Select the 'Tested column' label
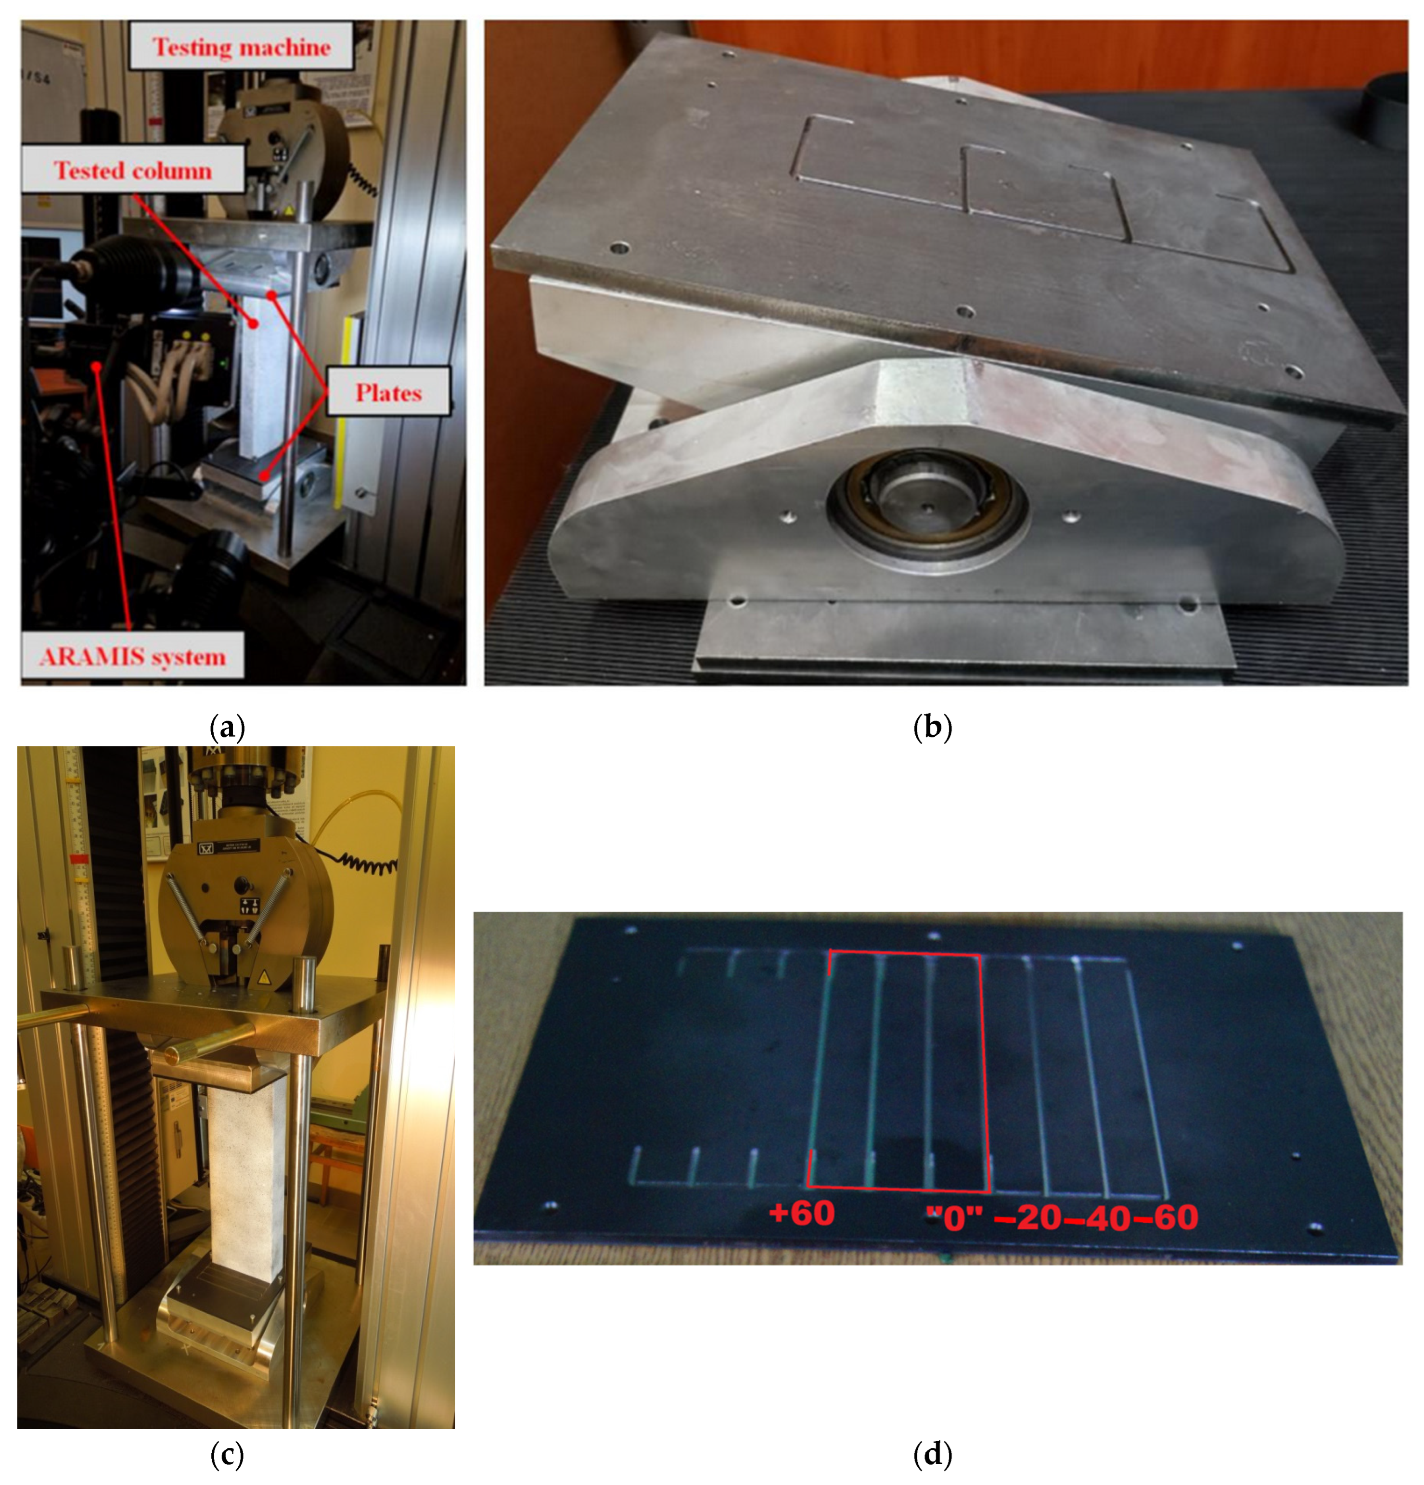[133, 170]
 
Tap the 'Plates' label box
[388, 392]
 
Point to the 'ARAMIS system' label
[133, 655]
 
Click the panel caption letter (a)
[227, 728]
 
